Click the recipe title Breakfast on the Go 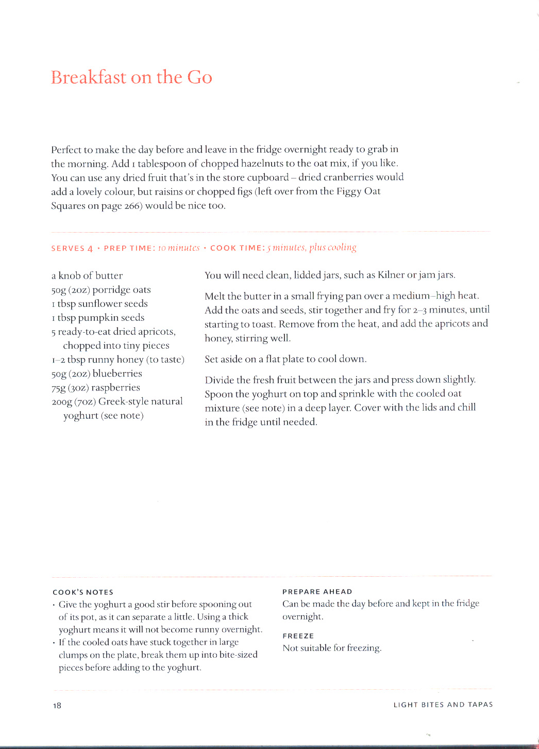[x=131, y=77]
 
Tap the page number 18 [x=57, y=705]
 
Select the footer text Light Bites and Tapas [x=443, y=705]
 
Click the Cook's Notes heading [x=83, y=592]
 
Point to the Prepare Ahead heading [x=317, y=592]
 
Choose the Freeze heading [x=298, y=636]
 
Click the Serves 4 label [x=72, y=248]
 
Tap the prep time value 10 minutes [x=179, y=248]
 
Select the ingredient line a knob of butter [x=87, y=275]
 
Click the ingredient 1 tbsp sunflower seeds [x=99, y=303]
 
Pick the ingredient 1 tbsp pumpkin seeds [x=98, y=317]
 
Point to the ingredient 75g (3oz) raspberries [x=96, y=387]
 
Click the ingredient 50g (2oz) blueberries [x=97, y=373]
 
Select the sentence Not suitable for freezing [x=332, y=648]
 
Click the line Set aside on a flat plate [x=285, y=359]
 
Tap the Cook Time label [x=237, y=248]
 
